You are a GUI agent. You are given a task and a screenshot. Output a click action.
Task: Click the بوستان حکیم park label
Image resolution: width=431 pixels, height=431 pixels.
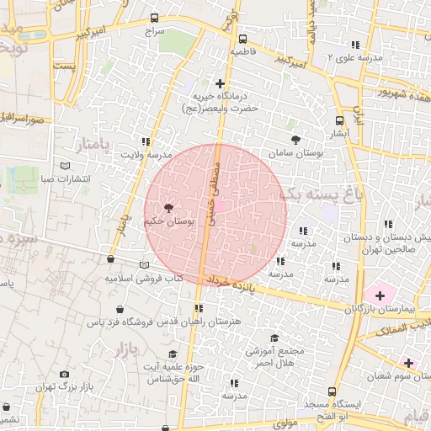[168, 221]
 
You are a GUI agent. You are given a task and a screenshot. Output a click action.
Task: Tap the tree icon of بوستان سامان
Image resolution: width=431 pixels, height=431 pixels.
[295, 140]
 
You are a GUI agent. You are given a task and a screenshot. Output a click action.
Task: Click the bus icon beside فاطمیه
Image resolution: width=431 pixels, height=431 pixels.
[243, 39]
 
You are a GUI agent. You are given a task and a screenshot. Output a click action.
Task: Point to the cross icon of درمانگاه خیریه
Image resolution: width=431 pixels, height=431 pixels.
[220, 82]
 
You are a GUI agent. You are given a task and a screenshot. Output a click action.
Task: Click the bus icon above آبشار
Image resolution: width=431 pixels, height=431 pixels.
[339, 120]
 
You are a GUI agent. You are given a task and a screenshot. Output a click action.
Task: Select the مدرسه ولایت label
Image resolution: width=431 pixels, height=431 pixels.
[146, 155]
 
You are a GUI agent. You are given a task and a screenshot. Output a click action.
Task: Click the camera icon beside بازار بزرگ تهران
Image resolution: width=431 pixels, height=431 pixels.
[65, 374]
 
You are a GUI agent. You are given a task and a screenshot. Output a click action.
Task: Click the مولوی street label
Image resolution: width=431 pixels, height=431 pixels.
[280, 423]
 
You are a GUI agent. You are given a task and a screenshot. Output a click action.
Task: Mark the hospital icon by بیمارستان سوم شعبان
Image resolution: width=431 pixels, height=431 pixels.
[409, 363]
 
